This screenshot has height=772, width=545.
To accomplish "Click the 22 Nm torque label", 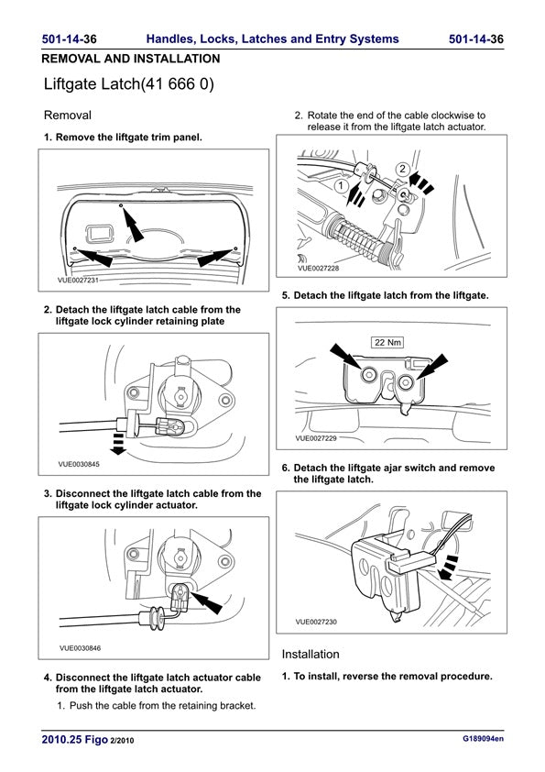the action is click(387, 342).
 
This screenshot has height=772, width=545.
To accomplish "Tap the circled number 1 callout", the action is click(342, 186).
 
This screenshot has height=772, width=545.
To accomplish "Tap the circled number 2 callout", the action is click(403, 169).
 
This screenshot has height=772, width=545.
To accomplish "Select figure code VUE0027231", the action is click(78, 281).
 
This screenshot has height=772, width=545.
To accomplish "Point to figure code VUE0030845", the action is click(79, 464).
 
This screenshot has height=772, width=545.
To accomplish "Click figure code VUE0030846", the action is click(81, 648).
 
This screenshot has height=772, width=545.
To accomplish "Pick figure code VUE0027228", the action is click(318, 269).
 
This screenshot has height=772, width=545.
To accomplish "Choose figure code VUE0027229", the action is click(316, 438).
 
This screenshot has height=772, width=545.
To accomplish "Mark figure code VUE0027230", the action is click(316, 622).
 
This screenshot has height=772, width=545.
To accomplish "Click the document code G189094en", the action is click(483, 738).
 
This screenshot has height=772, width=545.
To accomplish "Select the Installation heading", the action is click(311, 655).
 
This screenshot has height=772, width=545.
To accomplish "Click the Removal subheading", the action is click(68, 116).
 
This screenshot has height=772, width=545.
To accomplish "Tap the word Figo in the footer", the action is click(96, 740).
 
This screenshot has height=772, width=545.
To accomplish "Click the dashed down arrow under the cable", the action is click(117, 447).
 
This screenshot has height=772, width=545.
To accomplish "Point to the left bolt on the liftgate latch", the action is click(368, 375).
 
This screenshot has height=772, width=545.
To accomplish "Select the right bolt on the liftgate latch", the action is click(405, 382).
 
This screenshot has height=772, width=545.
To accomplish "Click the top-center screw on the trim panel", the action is click(121, 204).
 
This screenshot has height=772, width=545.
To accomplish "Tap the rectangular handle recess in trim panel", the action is click(100, 234).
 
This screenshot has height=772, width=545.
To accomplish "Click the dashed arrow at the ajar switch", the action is click(447, 568).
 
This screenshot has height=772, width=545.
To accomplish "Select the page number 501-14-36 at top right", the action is click(476, 39).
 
